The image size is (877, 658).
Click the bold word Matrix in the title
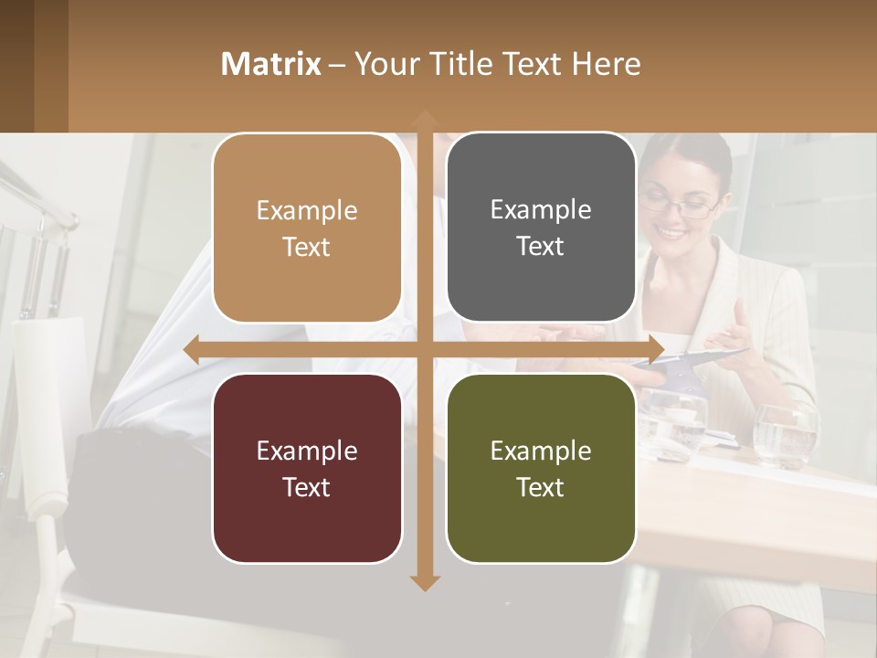[x=271, y=64]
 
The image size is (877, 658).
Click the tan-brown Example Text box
[x=307, y=228]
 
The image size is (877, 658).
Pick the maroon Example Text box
[x=307, y=468]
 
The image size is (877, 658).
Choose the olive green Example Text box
[x=541, y=468]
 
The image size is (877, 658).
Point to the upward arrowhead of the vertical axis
[x=424, y=120]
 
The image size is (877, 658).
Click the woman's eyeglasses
[x=680, y=207]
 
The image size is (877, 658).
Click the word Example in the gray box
[x=541, y=209]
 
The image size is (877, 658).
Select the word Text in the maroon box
[x=307, y=487]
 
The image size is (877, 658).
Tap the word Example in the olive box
[x=541, y=451]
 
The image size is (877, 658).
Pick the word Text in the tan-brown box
[x=307, y=247]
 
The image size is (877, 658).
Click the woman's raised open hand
[x=749, y=329]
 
